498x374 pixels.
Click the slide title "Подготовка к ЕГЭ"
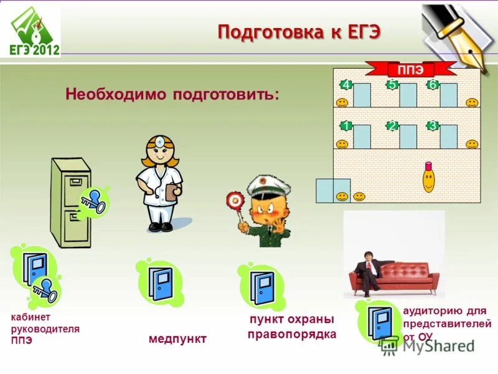(298, 32)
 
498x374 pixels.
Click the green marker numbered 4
(345, 85)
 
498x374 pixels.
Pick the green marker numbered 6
(432, 85)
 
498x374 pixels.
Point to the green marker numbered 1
(345, 125)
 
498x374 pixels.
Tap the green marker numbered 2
(392, 125)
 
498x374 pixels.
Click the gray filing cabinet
(70, 201)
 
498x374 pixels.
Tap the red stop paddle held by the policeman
(235, 200)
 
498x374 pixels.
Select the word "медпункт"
(177, 338)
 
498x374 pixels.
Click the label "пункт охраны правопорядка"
(291, 327)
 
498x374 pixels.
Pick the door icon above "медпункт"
(160, 284)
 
